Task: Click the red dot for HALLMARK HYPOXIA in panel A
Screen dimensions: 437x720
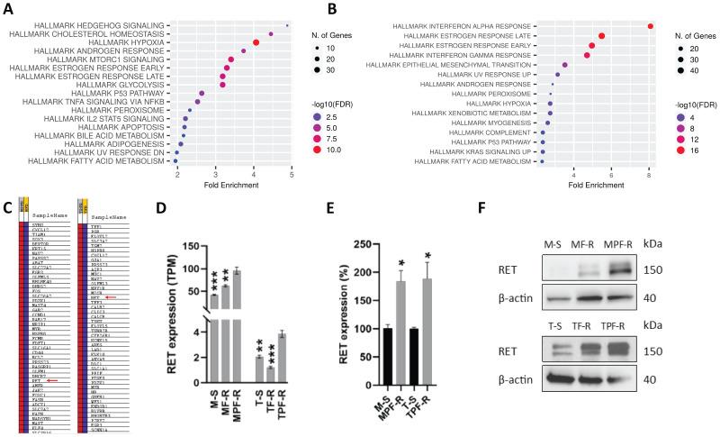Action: (x=256, y=41)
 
